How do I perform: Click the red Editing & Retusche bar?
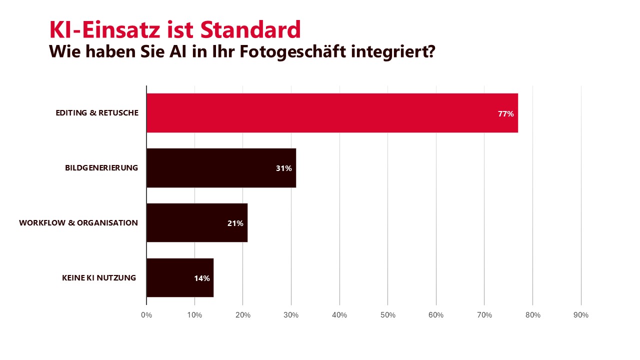[x=332, y=113]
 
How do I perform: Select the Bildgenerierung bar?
[x=221, y=168]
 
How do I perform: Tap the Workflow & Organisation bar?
[x=196, y=223]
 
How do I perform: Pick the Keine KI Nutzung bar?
[x=180, y=278]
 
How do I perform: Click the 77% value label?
[x=505, y=114]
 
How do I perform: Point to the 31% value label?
[x=283, y=168]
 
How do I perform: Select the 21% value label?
[x=235, y=223]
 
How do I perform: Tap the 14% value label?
[x=201, y=278]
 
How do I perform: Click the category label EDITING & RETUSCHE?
[x=97, y=113]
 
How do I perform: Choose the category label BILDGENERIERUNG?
[x=101, y=168]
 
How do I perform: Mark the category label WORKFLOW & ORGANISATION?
[x=78, y=223]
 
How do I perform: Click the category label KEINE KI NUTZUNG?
[x=99, y=278]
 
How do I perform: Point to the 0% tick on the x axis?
[x=146, y=315]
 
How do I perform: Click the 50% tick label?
[x=388, y=315]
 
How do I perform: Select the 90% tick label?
[x=581, y=315]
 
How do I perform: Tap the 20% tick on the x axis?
[x=243, y=315]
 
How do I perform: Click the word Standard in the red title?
[x=251, y=30]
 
